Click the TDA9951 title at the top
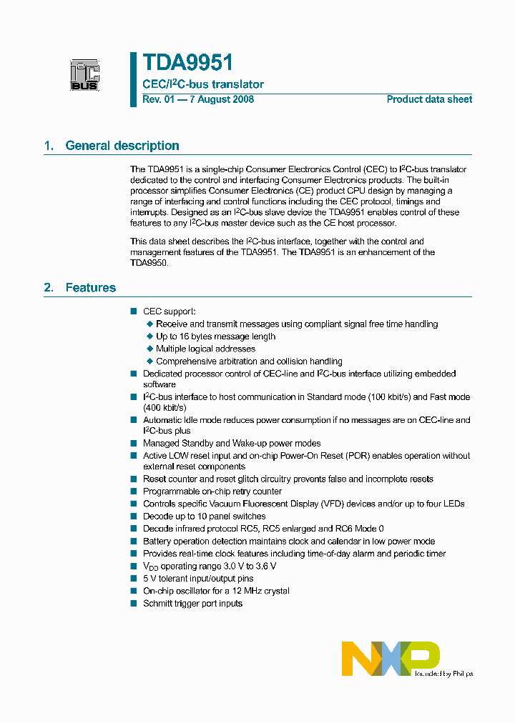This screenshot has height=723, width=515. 187,63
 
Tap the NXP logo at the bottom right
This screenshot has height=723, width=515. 391,658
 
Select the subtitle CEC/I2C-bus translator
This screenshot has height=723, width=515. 203,84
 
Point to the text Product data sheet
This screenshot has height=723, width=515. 429,99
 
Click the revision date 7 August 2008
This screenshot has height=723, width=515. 222,99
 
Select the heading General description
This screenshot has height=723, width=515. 122,146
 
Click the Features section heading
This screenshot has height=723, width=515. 90,288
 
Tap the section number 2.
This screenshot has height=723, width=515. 49,288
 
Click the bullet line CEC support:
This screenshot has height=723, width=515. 169,311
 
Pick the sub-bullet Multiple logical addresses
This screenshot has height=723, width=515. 205,349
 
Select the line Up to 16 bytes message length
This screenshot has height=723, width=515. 215,336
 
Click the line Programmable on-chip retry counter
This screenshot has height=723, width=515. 212,492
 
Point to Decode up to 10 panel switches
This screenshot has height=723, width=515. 204,517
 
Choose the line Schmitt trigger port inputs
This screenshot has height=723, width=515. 192,604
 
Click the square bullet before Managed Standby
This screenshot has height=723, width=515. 133,443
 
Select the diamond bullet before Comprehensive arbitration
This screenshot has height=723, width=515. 149,361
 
